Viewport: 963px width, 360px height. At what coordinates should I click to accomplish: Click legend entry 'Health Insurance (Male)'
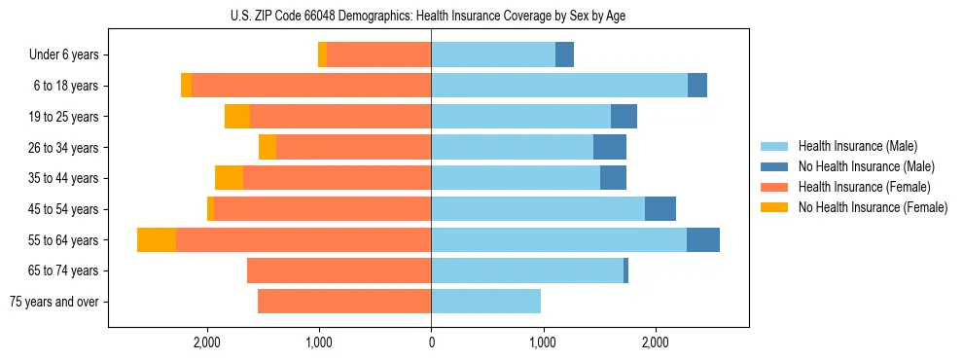tap(857, 146)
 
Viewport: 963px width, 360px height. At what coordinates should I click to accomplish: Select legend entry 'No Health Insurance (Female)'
tap(873, 207)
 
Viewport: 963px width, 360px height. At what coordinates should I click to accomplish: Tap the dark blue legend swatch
tap(775, 166)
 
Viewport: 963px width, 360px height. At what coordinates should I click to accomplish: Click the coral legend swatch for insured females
tap(775, 187)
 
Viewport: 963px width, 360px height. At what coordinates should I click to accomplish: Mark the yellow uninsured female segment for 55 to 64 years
tap(157, 240)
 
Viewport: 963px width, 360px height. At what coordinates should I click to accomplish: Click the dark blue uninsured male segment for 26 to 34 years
tap(610, 147)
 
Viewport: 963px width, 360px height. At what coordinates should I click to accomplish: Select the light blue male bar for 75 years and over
tap(485, 302)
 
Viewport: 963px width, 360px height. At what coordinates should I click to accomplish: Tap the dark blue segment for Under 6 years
tap(564, 55)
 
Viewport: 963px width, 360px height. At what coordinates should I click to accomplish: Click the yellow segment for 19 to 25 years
tap(237, 117)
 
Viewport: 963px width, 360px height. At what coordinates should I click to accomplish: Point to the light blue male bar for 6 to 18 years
tap(559, 86)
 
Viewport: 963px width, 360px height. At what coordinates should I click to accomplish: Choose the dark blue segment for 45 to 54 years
tap(660, 209)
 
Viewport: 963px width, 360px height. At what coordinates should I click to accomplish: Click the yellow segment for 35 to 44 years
tap(229, 178)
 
